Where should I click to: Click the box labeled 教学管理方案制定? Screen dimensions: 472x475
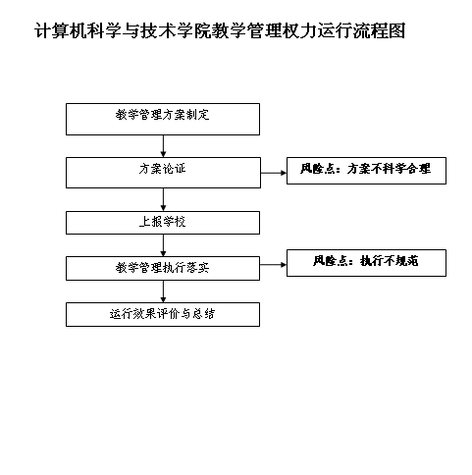click(163, 119)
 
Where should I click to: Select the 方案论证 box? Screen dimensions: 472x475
click(163, 173)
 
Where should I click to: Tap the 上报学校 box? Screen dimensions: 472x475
click(163, 223)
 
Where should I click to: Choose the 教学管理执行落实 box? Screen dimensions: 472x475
click(163, 269)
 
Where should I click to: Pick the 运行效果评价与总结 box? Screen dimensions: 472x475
click(163, 314)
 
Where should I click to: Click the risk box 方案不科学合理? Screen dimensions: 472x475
click(366, 171)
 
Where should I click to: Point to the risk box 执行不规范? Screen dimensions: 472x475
click(366, 263)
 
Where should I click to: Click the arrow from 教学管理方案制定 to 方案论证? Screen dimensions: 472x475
click(163, 146)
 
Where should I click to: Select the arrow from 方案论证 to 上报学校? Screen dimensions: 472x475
click(163, 199)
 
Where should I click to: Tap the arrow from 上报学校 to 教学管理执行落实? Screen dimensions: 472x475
click(163, 245)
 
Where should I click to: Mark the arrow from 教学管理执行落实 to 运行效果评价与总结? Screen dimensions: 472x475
click(163, 291)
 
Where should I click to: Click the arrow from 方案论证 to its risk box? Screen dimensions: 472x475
click(274, 173)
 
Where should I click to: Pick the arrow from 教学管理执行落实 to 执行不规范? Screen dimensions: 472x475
click(273, 265)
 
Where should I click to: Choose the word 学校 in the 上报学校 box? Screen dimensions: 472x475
click(175, 222)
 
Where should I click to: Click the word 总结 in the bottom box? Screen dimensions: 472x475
click(203, 314)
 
